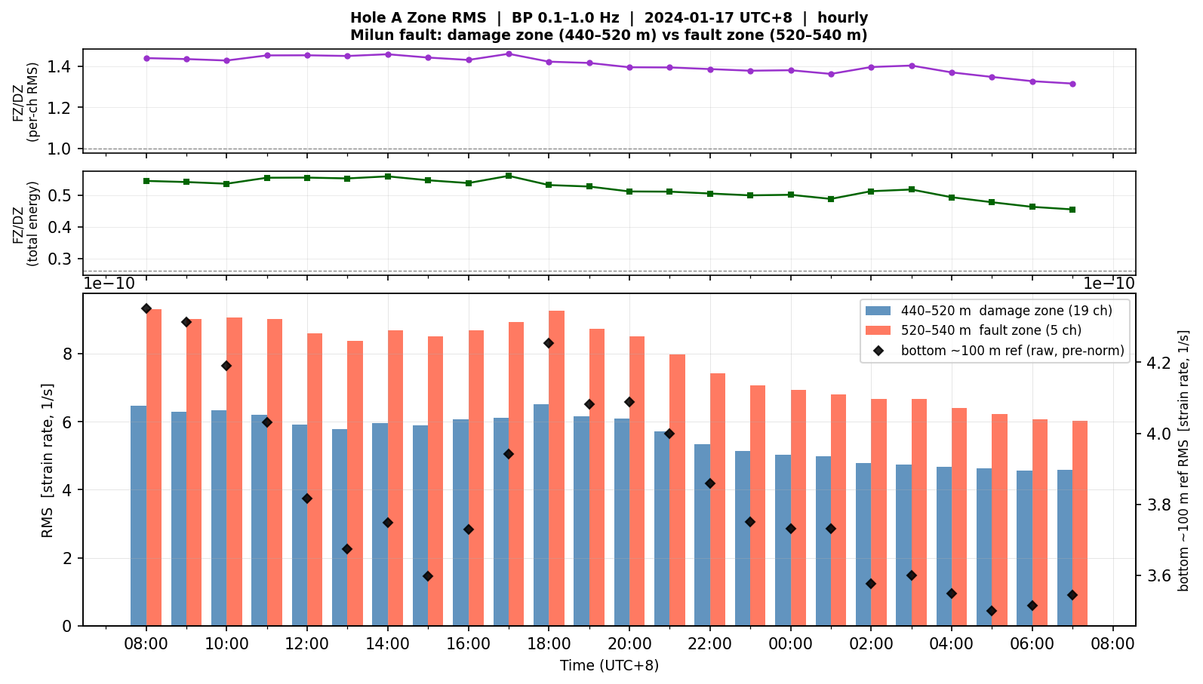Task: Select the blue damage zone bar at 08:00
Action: tap(139, 516)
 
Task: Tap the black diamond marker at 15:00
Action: tap(428, 576)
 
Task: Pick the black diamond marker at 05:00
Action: tap(992, 611)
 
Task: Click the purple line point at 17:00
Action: tap(509, 54)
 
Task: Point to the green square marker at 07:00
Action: tap(1072, 210)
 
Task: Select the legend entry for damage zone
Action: tap(988, 311)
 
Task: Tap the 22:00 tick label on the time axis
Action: tap(710, 644)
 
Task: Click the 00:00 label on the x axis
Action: tap(790, 644)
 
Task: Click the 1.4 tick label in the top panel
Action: tap(60, 67)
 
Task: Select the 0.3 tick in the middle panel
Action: tap(60, 259)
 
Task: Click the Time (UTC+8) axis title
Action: tap(609, 666)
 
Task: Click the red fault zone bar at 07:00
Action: tap(1080, 523)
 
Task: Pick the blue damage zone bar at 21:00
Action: tap(662, 529)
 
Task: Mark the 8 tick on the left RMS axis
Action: tap(66, 354)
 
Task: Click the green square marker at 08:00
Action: tap(146, 181)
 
